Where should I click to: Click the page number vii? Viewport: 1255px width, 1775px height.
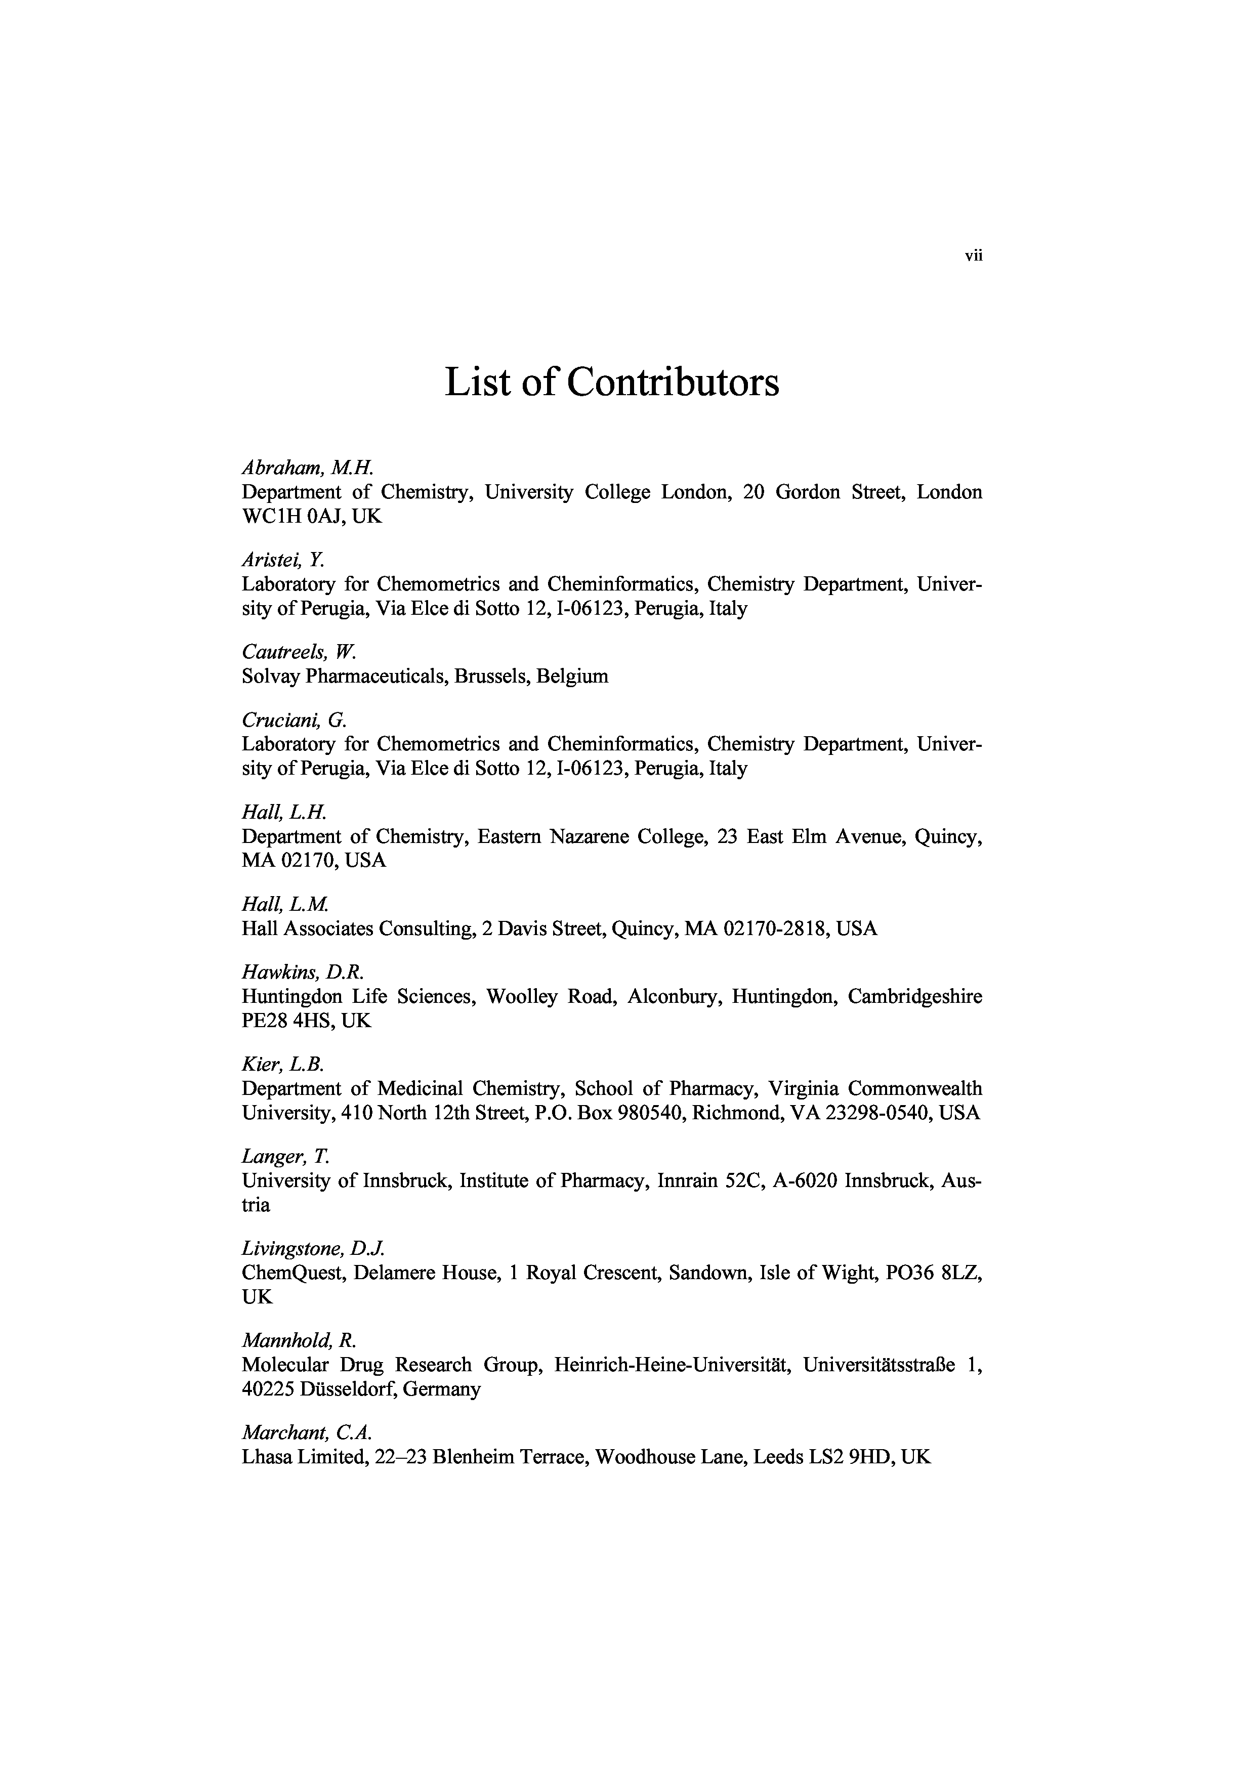coord(973,257)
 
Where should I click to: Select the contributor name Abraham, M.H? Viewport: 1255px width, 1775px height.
coord(308,468)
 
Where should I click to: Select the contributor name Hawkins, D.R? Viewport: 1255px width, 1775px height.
coord(302,972)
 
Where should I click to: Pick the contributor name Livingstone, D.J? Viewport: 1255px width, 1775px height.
coord(313,1249)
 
